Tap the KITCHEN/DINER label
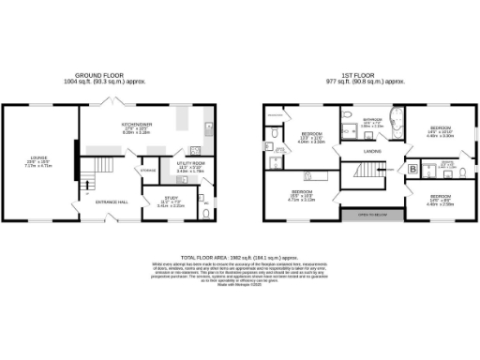(x=137, y=128)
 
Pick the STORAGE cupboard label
(x=148, y=170)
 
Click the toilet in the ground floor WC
(x=205, y=212)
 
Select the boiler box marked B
(x=413, y=169)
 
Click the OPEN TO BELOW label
(x=366, y=213)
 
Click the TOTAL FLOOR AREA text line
(x=239, y=255)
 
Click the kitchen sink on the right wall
(x=208, y=125)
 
